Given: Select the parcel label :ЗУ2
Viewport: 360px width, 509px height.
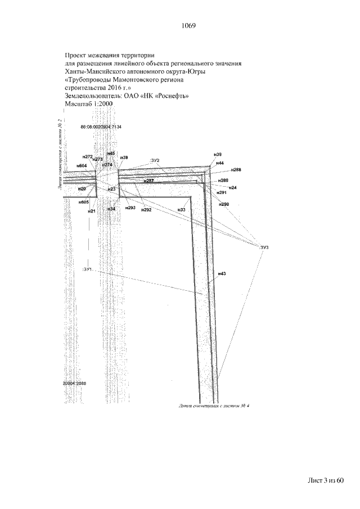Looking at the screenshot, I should click(x=156, y=161).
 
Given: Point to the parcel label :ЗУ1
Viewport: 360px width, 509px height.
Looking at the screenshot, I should click(x=88, y=270).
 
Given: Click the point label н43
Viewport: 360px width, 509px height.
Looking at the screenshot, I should click(x=222, y=273).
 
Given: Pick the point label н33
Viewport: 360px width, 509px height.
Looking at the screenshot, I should click(x=181, y=210).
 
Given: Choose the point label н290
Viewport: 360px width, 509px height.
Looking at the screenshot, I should click(x=224, y=204).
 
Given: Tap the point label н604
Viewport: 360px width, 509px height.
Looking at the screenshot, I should click(x=82, y=166).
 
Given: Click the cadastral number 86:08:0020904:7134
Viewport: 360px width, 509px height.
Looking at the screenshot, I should click(x=101, y=127).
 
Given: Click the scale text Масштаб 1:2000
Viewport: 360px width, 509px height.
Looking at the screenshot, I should click(x=89, y=104).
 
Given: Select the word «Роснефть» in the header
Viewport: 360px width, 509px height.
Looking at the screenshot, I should click(x=169, y=96).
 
